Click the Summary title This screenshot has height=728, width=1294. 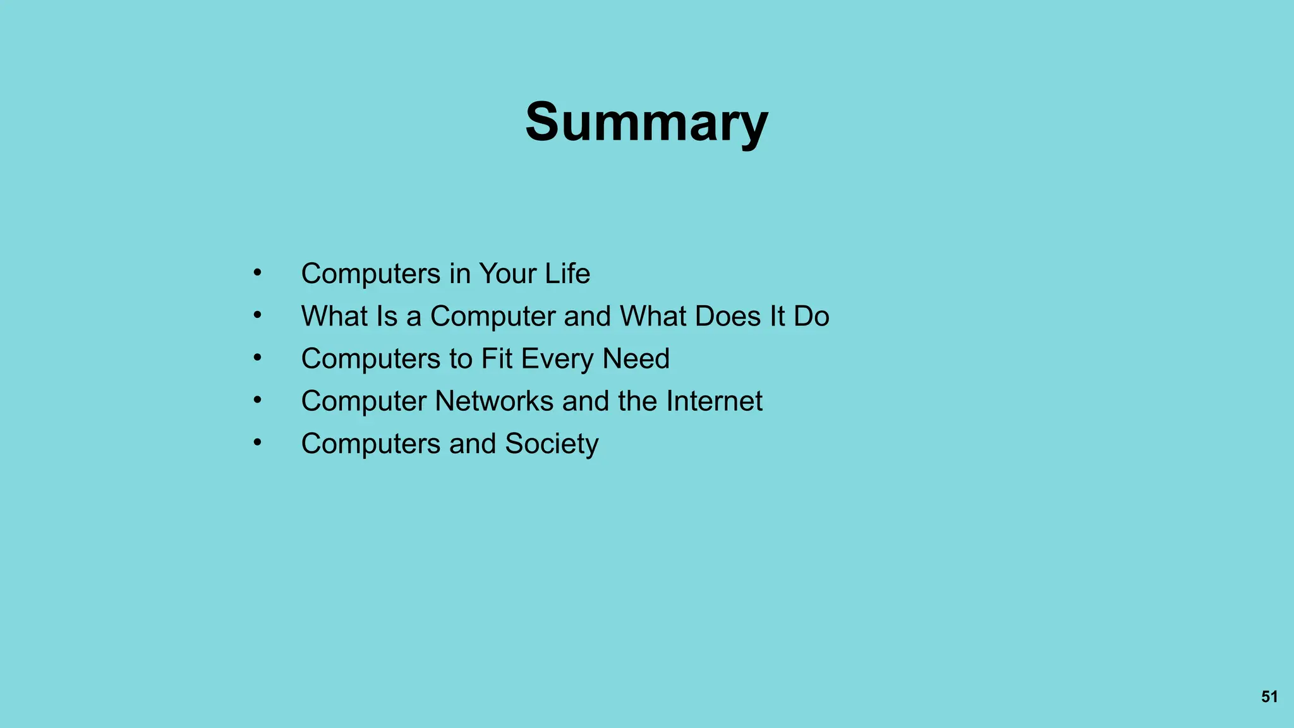(x=646, y=122)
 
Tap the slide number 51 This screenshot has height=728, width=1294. (x=1269, y=696)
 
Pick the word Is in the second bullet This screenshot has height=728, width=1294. (x=386, y=316)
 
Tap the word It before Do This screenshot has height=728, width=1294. (x=777, y=316)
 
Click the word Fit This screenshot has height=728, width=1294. (x=497, y=359)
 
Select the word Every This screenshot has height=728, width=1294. (x=557, y=359)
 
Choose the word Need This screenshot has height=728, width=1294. (x=636, y=359)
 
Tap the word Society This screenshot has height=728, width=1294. (x=552, y=444)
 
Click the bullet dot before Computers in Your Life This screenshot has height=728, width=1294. (x=257, y=272)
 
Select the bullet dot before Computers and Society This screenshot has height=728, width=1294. (x=257, y=442)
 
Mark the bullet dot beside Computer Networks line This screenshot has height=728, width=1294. (x=257, y=400)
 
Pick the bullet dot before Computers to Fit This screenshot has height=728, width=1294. (x=257, y=358)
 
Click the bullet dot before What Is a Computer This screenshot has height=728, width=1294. (x=257, y=315)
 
